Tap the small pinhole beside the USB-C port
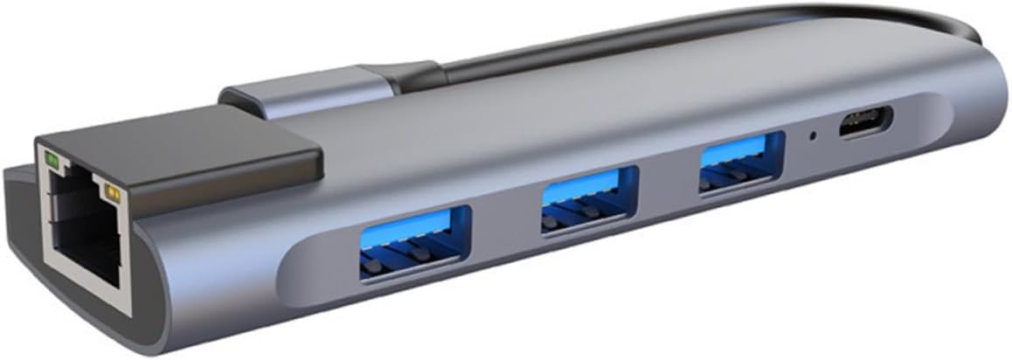click(814, 136)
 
